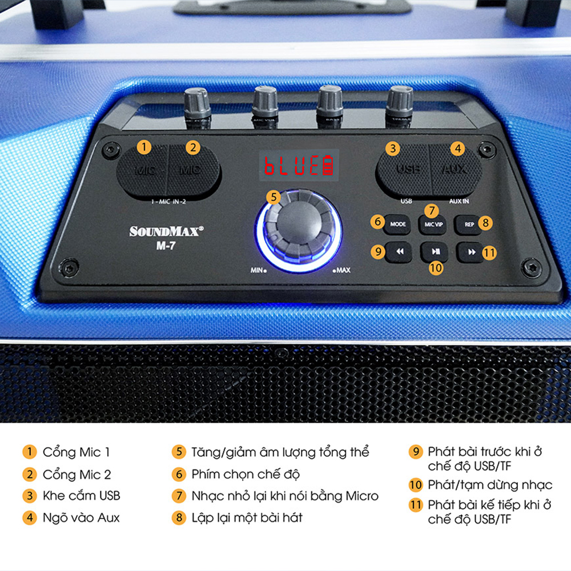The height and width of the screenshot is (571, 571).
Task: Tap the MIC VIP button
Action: (433, 225)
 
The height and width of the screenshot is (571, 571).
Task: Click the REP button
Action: (469, 224)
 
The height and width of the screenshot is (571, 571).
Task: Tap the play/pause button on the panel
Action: (435, 251)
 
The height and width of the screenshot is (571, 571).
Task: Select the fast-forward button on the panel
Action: (471, 252)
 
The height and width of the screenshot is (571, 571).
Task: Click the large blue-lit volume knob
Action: (298, 230)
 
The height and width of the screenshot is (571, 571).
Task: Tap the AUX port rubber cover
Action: (455, 168)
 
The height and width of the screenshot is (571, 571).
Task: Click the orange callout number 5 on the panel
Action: (274, 197)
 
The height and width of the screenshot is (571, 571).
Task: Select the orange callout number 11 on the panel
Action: (489, 252)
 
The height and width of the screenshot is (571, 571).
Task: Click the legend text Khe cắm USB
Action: (81, 496)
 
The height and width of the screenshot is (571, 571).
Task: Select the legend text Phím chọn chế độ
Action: (246, 474)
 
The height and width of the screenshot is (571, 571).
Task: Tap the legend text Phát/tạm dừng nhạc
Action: (490, 485)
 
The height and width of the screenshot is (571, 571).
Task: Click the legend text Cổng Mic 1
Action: (76, 452)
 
